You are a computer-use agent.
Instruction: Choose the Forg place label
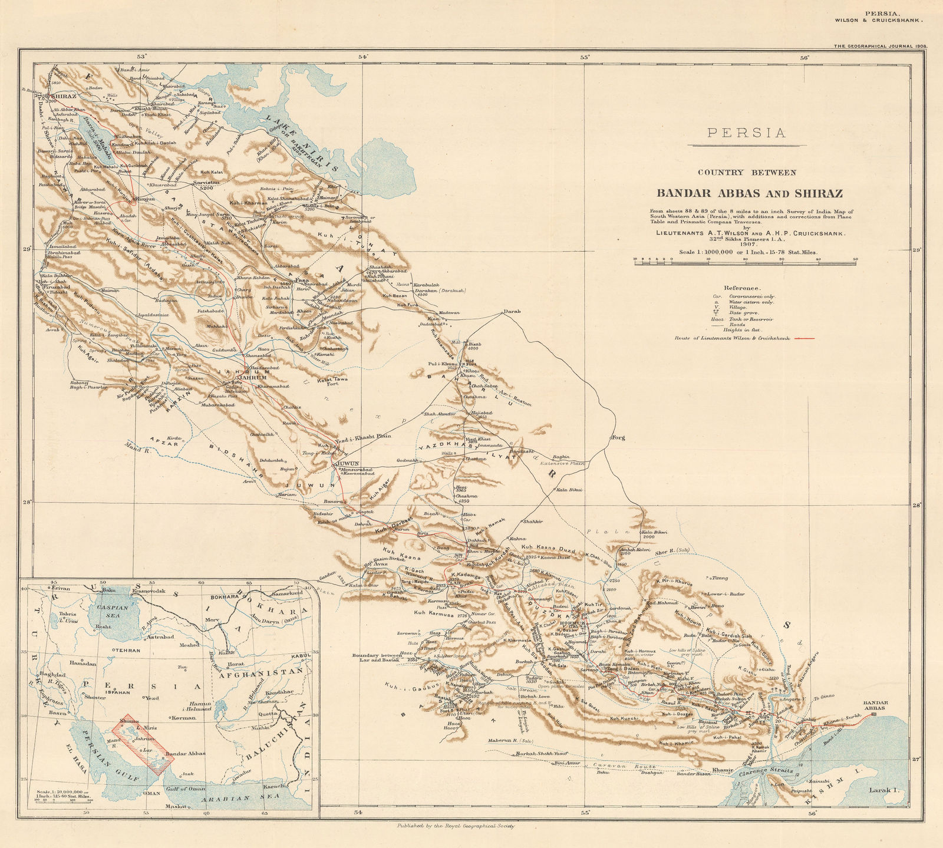tap(618, 437)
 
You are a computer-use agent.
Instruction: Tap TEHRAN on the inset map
tap(124, 650)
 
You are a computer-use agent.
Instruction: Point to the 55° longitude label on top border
tap(585, 57)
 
